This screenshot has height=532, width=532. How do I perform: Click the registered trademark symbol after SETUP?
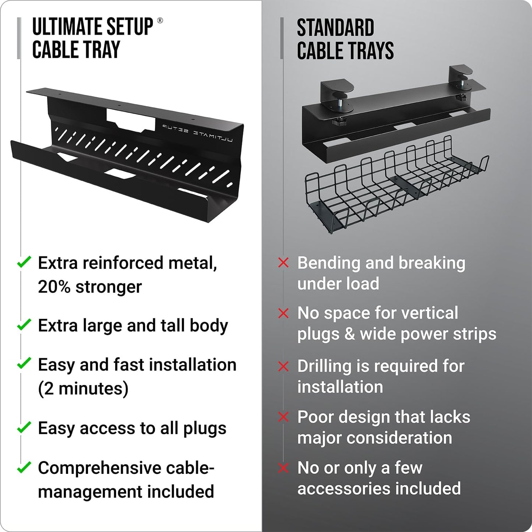click(160, 21)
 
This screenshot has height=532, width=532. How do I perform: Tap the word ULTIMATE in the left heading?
click(61, 27)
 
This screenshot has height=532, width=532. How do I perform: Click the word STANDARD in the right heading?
click(335, 28)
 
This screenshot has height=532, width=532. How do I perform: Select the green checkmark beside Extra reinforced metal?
click(24, 263)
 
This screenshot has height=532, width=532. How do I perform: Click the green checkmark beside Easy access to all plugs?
click(24, 427)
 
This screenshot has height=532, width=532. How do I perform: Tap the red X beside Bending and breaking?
click(283, 263)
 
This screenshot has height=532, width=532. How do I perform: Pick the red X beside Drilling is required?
click(283, 366)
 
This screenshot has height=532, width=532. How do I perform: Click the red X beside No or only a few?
click(283, 468)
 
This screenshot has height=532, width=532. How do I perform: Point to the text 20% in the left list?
click(54, 287)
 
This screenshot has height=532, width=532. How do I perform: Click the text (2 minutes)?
click(83, 388)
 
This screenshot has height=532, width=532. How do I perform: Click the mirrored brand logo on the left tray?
click(197, 133)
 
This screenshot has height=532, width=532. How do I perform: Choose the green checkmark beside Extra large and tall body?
click(24, 325)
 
